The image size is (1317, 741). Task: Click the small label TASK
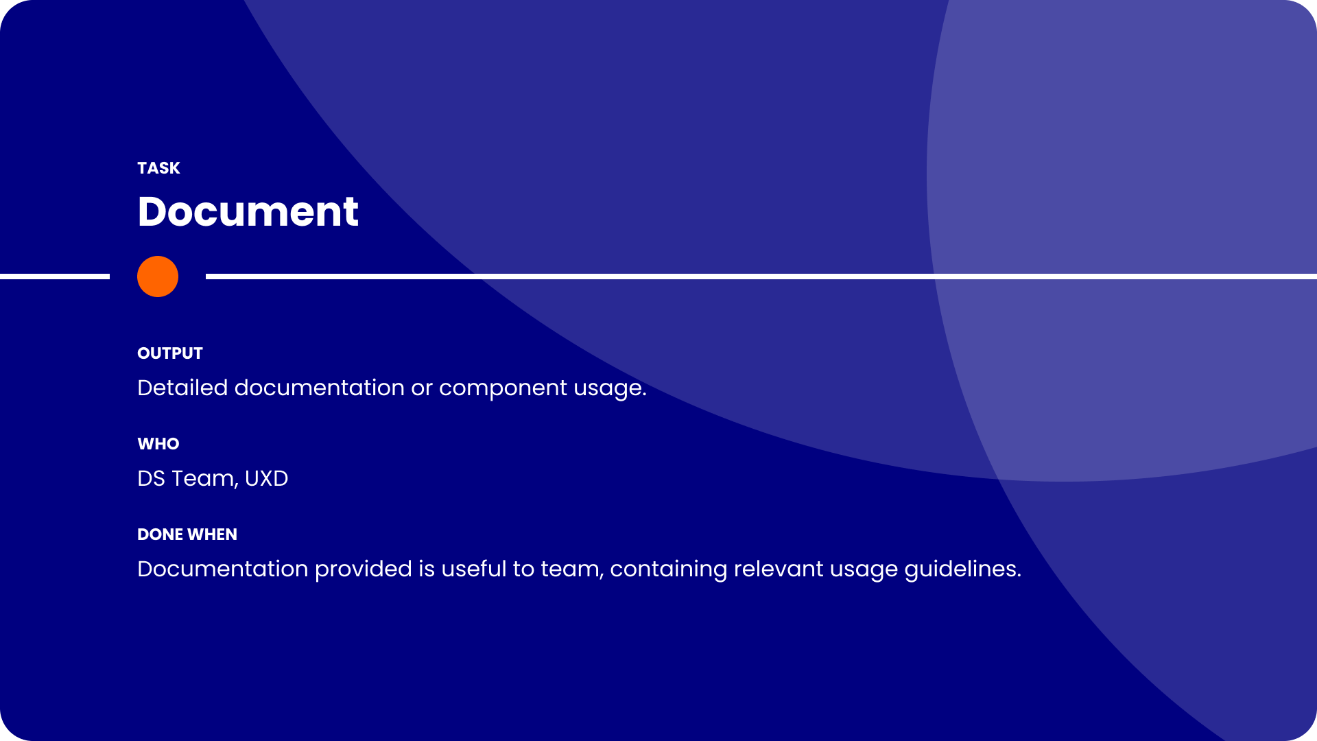coord(158,168)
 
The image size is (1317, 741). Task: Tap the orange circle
coord(158,277)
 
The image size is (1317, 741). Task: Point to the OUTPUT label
coord(170,353)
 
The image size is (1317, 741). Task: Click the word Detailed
coord(182,388)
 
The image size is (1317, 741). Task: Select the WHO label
coord(158,444)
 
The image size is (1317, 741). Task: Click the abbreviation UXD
coord(266,478)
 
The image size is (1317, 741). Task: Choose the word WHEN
coord(213,534)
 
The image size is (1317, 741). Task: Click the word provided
coord(363,569)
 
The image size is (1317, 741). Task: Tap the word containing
coord(668,570)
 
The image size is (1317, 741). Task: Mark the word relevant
coord(779,569)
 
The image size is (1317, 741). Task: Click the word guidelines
coord(962,569)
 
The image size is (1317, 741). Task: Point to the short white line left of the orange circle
coord(55,277)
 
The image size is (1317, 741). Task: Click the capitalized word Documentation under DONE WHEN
coord(223,569)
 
